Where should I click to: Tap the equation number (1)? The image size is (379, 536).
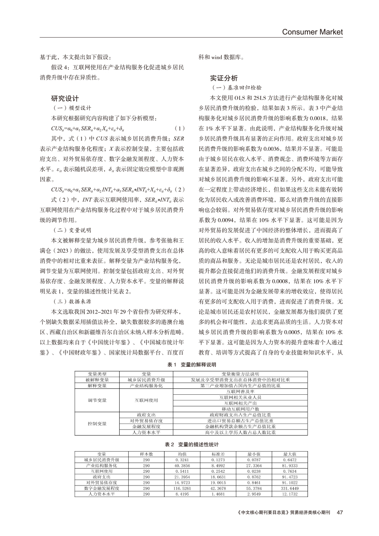pos(180,127)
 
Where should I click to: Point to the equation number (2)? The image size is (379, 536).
pos(180,188)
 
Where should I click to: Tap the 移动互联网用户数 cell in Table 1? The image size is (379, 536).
pos(240,409)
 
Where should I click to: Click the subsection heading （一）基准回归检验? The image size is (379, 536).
pos(236,87)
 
